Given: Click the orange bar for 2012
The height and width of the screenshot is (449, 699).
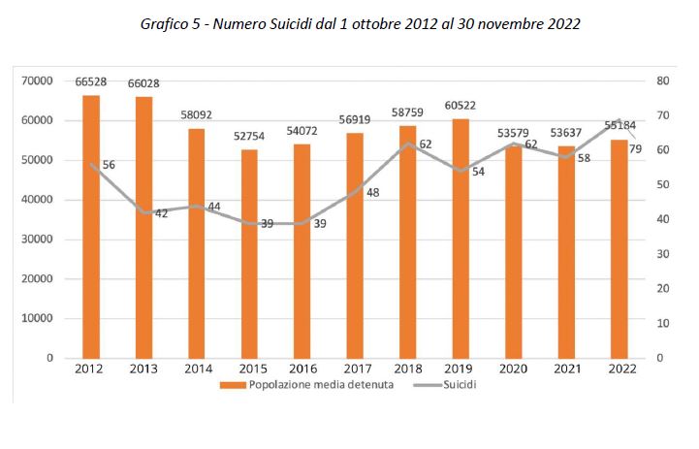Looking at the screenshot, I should click(90, 227).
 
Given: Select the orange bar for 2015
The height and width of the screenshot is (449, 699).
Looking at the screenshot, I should click(249, 254).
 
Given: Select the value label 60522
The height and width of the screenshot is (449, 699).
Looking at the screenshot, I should click(461, 106).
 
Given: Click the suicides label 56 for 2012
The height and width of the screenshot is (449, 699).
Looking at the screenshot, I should click(109, 166).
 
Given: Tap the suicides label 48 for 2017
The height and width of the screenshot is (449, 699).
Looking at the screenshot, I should click(373, 193).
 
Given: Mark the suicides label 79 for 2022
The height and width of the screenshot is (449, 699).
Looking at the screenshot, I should click(636, 148).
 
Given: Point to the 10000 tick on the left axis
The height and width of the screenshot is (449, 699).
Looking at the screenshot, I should click(38, 318).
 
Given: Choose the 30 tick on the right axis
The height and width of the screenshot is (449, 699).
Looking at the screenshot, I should click(662, 254).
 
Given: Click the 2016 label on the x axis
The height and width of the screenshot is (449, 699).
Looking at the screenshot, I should click(302, 370).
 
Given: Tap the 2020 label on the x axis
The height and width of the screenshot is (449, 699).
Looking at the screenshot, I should click(514, 370).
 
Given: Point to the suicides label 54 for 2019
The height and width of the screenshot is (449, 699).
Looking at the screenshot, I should click(478, 172).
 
